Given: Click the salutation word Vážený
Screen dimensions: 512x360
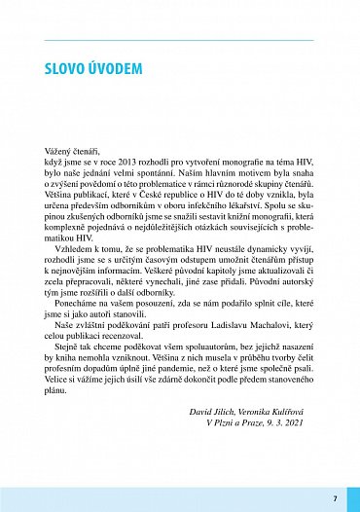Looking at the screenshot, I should (x=60, y=153).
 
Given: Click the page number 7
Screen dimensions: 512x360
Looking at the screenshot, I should (x=334, y=498).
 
